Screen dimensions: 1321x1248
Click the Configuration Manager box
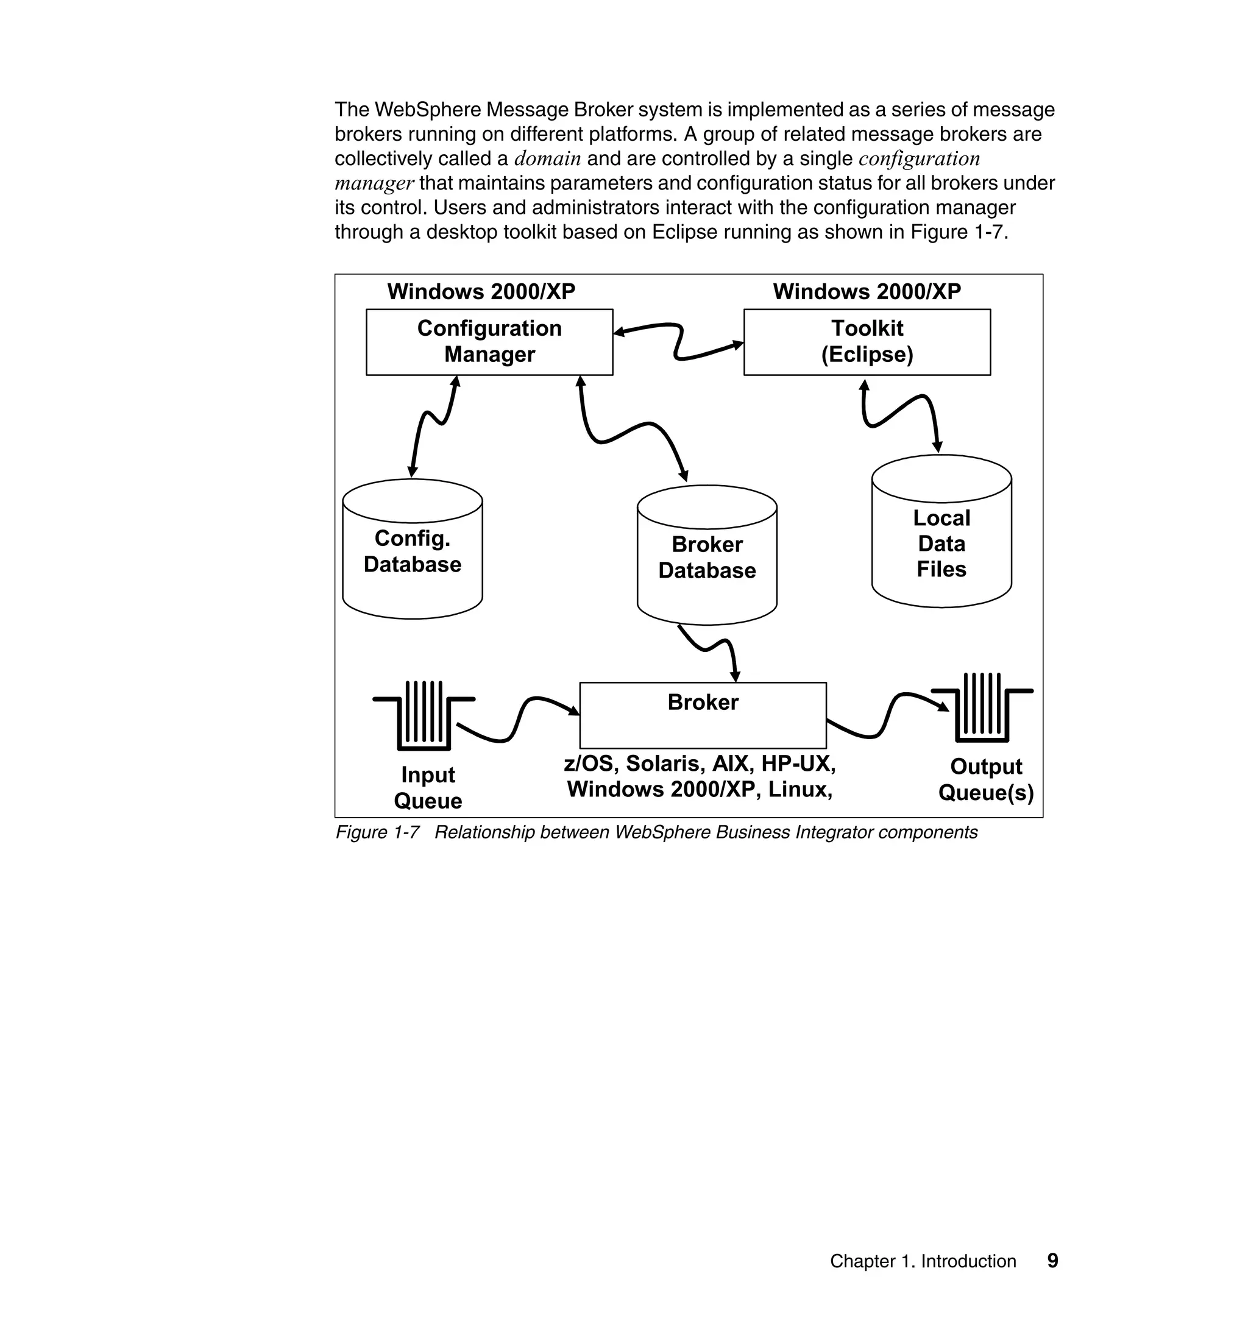[489, 342]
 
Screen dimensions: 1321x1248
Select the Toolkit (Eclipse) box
[866, 342]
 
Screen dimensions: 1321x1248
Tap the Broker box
[703, 715]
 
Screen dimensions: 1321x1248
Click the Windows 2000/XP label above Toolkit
[866, 291]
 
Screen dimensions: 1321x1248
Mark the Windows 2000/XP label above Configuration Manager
[481, 291]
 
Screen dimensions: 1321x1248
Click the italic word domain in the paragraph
[547, 159]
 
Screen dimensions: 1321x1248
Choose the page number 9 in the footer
[1052, 1261]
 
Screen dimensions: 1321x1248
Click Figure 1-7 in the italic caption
[377, 833]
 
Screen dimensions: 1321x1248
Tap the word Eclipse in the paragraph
[683, 232]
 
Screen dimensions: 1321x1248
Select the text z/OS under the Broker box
[587, 763]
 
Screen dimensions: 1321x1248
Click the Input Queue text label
[428, 788]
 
